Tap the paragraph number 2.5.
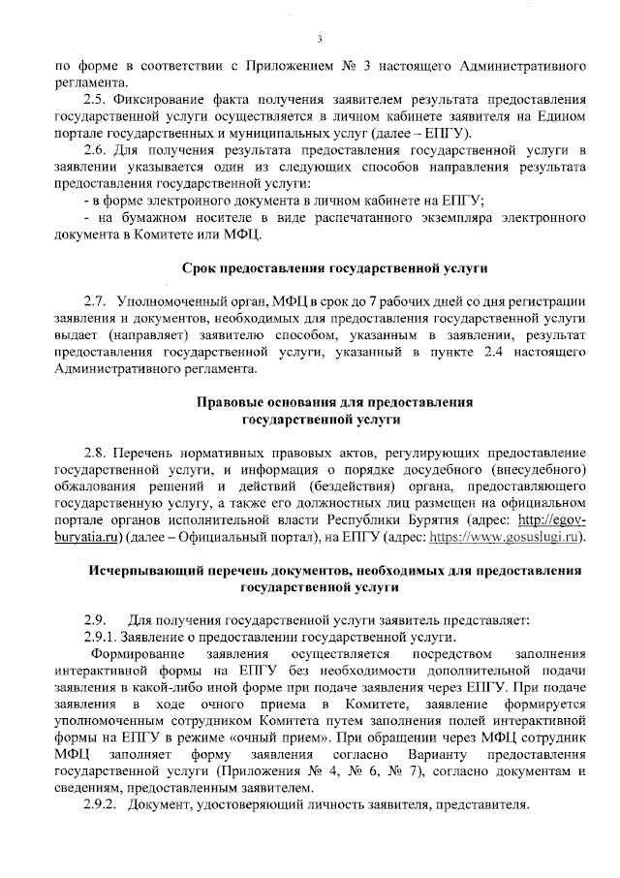[95, 100]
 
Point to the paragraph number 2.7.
[95, 301]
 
